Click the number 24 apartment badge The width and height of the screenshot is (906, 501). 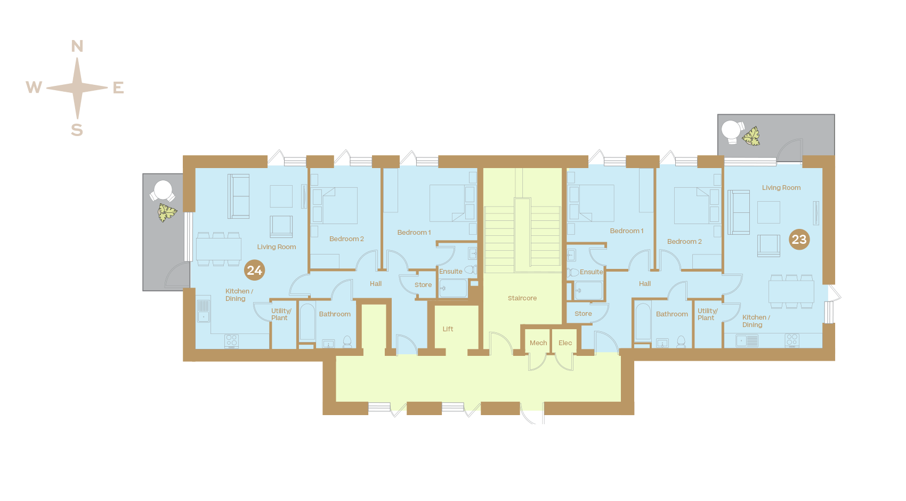coord(254,270)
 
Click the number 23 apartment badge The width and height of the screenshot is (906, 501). coord(799,240)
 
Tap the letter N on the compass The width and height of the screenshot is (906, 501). coord(77,46)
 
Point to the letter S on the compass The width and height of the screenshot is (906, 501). coord(77,130)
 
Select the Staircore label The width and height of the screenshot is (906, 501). coord(522,298)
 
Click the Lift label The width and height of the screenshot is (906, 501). coord(448,329)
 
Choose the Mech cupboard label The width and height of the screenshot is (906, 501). coord(538,343)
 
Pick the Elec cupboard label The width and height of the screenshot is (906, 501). coord(565,343)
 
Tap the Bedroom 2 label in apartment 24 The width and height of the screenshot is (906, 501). coord(346,239)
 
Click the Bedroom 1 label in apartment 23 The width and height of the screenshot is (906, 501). coord(627,231)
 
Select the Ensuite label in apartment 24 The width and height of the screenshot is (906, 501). coord(450,272)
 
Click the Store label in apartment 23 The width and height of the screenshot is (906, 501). coord(583,314)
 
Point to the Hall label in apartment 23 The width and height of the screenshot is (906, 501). coord(645,283)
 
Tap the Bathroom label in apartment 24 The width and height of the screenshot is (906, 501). coord(335,314)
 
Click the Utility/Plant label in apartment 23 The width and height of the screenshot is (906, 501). coord(707,314)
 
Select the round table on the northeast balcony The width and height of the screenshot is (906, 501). coord(731,130)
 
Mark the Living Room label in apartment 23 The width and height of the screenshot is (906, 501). coord(781,187)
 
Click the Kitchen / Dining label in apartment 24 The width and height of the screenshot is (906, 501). coord(239,295)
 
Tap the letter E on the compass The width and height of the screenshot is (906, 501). coord(118,88)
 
